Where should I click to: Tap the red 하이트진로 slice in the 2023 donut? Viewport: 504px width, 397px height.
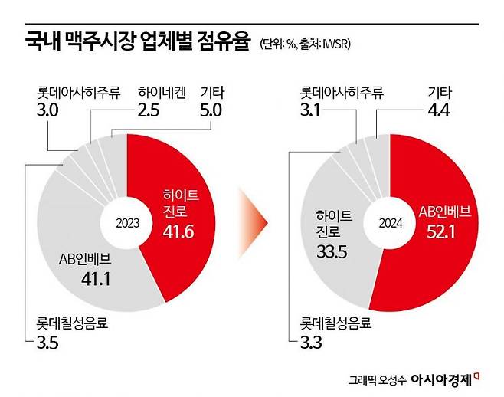(180, 192)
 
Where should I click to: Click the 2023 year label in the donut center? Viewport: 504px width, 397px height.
(128, 223)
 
